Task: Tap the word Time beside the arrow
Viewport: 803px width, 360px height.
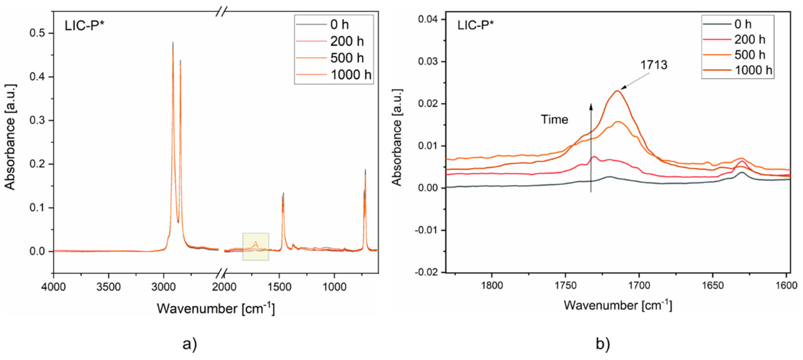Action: [x=554, y=119]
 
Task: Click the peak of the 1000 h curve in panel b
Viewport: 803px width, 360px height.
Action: [x=617, y=91]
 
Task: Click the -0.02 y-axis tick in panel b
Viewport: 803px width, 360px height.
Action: [x=426, y=272]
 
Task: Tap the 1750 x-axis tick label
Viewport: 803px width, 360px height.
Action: [x=565, y=285]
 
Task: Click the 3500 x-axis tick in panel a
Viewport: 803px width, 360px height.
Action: [x=109, y=286]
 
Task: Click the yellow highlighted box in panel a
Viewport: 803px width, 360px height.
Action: [x=256, y=247]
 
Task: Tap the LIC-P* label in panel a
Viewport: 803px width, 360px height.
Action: [x=84, y=26]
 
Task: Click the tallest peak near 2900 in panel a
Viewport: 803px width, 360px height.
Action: [x=173, y=44]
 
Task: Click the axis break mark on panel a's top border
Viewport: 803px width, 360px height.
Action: [x=221, y=12]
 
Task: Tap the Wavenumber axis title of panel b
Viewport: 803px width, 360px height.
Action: [x=618, y=305]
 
